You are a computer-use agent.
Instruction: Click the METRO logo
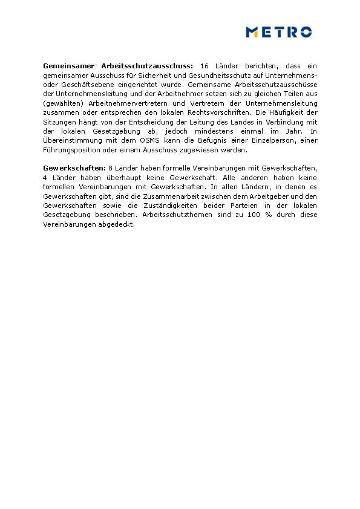pos(278,32)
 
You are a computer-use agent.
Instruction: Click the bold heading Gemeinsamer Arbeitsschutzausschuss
pos(118,65)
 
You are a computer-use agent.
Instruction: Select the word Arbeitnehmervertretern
pos(125,103)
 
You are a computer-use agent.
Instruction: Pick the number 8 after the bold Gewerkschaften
pos(110,168)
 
